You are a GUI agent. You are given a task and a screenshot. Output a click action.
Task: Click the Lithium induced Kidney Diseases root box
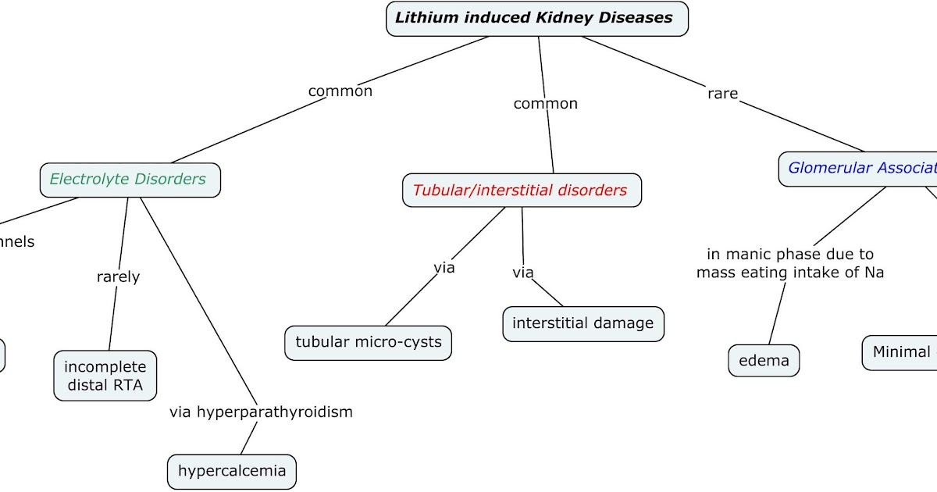click(537, 18)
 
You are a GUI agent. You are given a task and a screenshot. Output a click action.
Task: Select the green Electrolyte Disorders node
click(130, 180)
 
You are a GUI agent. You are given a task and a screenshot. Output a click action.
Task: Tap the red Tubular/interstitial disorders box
click(522, 191)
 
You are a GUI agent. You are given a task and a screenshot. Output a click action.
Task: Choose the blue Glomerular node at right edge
click(859, 168)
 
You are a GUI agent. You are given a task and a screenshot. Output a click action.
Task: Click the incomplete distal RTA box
click(105, 376)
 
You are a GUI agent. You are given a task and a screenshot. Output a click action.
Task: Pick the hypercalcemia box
click(232, 472)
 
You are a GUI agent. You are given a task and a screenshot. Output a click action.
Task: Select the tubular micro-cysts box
click(368, 342)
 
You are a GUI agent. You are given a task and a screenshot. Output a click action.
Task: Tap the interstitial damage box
click(583, 324)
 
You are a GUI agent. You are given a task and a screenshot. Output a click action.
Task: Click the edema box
click(764, 361)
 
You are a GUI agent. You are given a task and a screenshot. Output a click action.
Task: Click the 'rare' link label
click(722, 94)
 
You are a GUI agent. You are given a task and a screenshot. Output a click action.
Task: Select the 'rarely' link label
click(118, 277)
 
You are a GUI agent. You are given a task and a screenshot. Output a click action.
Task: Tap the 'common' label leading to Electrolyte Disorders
click(340, 91)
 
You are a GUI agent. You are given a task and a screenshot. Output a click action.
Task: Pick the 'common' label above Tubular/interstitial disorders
click(546, 104)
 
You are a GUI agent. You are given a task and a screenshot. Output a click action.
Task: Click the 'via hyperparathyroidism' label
click(261, 412)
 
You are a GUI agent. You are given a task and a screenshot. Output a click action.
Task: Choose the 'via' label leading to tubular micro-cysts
click(444, 268)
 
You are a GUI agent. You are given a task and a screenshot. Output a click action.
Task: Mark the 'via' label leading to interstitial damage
click(523, 273)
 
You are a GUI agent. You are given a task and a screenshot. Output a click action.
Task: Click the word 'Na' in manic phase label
click(874, 273)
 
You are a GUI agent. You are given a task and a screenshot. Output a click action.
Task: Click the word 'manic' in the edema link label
click(749, 255)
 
